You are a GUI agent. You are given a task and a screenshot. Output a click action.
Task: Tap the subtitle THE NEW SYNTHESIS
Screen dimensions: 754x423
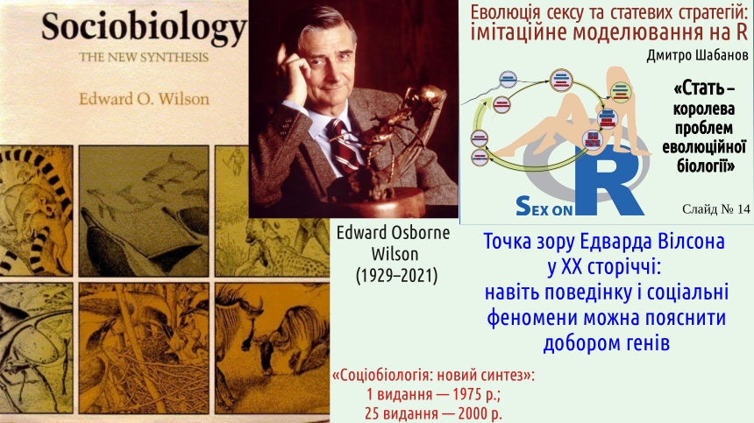144,58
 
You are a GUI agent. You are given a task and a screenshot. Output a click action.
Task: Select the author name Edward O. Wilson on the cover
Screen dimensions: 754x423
144,99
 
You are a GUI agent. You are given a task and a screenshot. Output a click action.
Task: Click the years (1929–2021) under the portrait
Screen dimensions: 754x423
396,276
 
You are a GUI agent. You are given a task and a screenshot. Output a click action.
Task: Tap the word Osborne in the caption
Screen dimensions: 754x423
420,233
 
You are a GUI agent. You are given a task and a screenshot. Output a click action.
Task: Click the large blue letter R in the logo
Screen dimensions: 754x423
608,180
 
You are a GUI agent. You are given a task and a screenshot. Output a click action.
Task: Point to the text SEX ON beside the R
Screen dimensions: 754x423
544,207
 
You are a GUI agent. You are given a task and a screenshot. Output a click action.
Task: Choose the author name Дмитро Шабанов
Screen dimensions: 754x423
697,56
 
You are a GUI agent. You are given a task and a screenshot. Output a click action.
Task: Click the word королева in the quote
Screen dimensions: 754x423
704,109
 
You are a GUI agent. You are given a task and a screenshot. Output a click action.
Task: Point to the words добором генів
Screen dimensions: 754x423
607,343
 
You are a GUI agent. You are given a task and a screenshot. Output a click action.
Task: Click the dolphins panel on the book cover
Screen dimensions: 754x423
144,211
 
